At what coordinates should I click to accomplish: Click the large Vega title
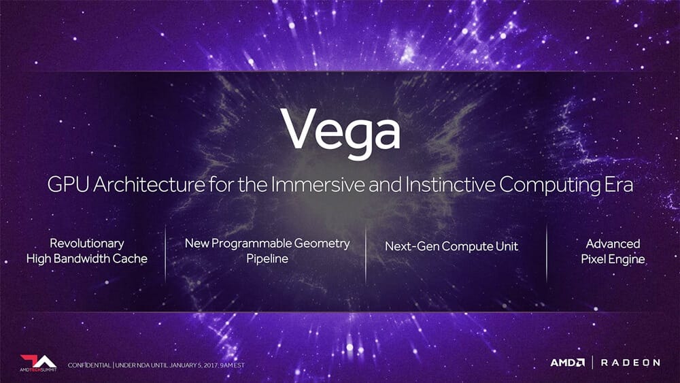coord(341,131)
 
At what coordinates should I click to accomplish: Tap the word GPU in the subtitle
coord(68,184)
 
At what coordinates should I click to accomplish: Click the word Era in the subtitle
coord(618,184)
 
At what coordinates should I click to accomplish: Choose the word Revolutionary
coord(87,244)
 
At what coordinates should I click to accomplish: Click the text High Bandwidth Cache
coord(87,259)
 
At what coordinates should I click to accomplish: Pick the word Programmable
coord(251,244)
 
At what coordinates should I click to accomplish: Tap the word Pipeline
coord(267,259)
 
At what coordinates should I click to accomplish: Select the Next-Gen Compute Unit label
coord(452,246)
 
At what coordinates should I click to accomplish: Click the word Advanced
coord(613,244)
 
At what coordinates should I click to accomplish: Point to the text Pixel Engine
coord(613,259)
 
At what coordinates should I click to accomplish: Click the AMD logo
coord(567,362)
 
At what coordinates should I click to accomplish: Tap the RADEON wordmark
coord(630,363)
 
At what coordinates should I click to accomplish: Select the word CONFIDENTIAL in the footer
coord(89,365)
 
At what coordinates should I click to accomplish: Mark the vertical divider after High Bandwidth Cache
coord(165,254)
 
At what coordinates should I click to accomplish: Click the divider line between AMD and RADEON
coord(593,362)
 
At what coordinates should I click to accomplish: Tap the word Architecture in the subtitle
coord(149,184)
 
